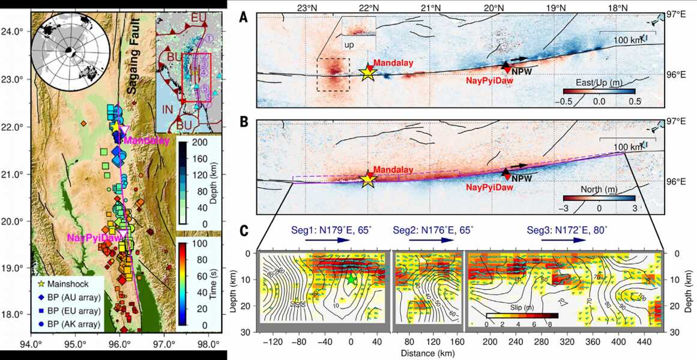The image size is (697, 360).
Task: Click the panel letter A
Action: [244, 17]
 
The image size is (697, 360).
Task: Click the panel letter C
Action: [244, 230]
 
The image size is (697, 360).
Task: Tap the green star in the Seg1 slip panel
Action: [351, 279]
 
